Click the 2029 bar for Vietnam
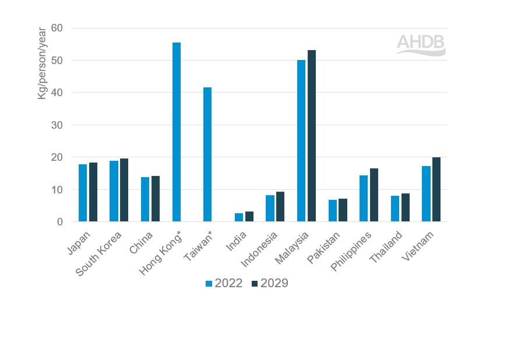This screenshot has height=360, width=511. (x=436, y=189)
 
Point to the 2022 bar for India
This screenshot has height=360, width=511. (x=239, y=217)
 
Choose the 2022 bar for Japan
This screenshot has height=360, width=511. (x=83, y=193)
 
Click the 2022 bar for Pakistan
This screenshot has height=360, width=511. (x=333, y=211)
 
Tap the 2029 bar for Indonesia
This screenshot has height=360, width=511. (x=280, y=207)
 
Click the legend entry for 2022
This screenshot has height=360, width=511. (x=224, y=284)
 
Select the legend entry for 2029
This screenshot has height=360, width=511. (x=269, y=284)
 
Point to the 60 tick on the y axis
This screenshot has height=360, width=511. (x=57, y=28)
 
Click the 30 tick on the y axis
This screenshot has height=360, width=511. (x=57, y=125)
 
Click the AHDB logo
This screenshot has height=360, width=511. (x=421, y=45)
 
